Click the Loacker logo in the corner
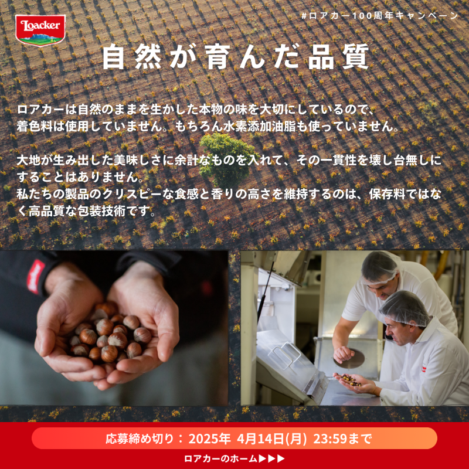pyautogui.click(x=40, y=30)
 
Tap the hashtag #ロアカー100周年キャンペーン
pyautogui.click(x=379, y=16)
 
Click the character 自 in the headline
pyautogui.click(x=113, y=57)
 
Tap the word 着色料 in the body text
pyautogui.click(x=35, y=126)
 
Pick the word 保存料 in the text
pyautogui.click(x=387, y=194)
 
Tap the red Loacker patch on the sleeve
pyautogui.click(x=36, y=276)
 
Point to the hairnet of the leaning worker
pyautogui.click(x=406, y=309)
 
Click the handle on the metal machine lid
pyautogui.click(x=284, y=355)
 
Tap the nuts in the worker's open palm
pyautogui.click(x=351, y=379)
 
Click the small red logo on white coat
pyautogui.click(x=424, y=368)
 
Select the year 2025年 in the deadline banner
pyautogui.click(x=209, y=439)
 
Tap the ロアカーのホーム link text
pyautogui.click(x=220, y=458)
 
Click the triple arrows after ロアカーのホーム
pyautogui.click(x=271, y=458)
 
